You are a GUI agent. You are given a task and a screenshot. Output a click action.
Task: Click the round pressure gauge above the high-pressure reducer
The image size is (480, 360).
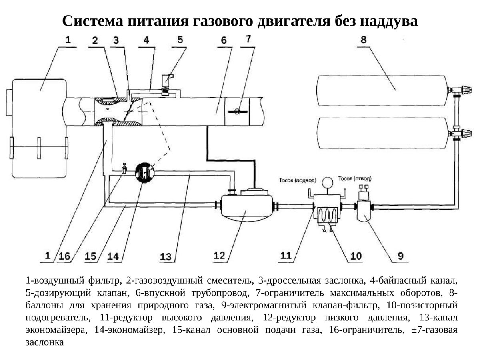[x=328, y=182]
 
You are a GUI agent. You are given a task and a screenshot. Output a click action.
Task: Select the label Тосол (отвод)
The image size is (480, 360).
[x=354, y=178]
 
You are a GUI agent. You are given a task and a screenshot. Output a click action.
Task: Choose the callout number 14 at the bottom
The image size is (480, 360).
[x=116, y=256]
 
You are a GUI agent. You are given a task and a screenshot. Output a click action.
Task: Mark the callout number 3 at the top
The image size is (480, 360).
[x=116, y=40]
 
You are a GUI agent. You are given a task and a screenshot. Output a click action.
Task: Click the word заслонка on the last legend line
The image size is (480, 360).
[x=44, y=342]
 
